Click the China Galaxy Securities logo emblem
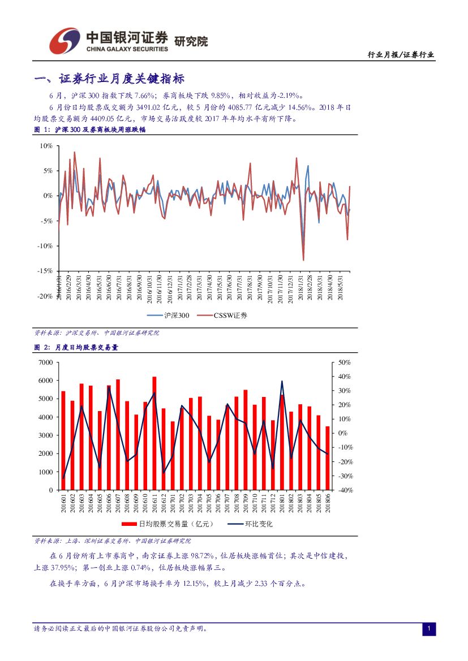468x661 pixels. click(x=64, y=40)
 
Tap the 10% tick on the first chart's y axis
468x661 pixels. click(x=46, y=146)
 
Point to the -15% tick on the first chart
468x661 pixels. click(x=45, y=271)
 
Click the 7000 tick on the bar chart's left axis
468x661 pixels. click(x=45, y=362)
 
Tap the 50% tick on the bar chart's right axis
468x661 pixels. click(x=344, y=362)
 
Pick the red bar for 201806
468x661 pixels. click(x=327, y=458)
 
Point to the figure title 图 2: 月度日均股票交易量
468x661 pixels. click(x=76, y=348)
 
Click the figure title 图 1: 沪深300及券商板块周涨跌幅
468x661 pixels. click(x=90, y=130)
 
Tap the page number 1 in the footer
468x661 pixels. click(x=429, y=629)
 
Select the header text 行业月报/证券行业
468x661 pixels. click(x=401, y=55)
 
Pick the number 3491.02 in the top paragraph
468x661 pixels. click(x=151, y=107)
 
